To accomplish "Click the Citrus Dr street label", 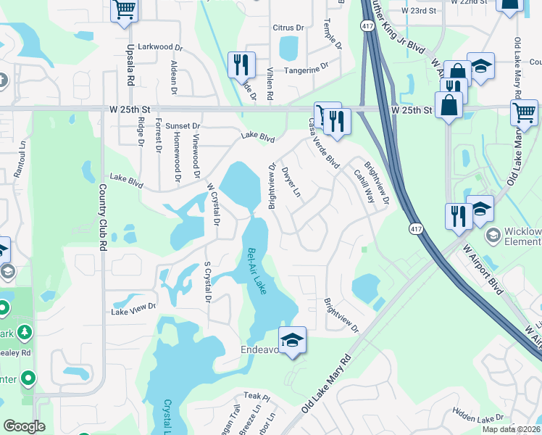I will (x=288, y=28).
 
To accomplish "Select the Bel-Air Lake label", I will (x=257, y=271).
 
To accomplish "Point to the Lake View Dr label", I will (x=133, y=310).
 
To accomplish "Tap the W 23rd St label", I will (x=422, y=11).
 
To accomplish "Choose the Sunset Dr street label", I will (x=182, y=126).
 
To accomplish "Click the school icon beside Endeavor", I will (x=292, y=340).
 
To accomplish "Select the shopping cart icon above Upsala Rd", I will (x=125, y=10).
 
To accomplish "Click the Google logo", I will (x=24, y=427).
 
